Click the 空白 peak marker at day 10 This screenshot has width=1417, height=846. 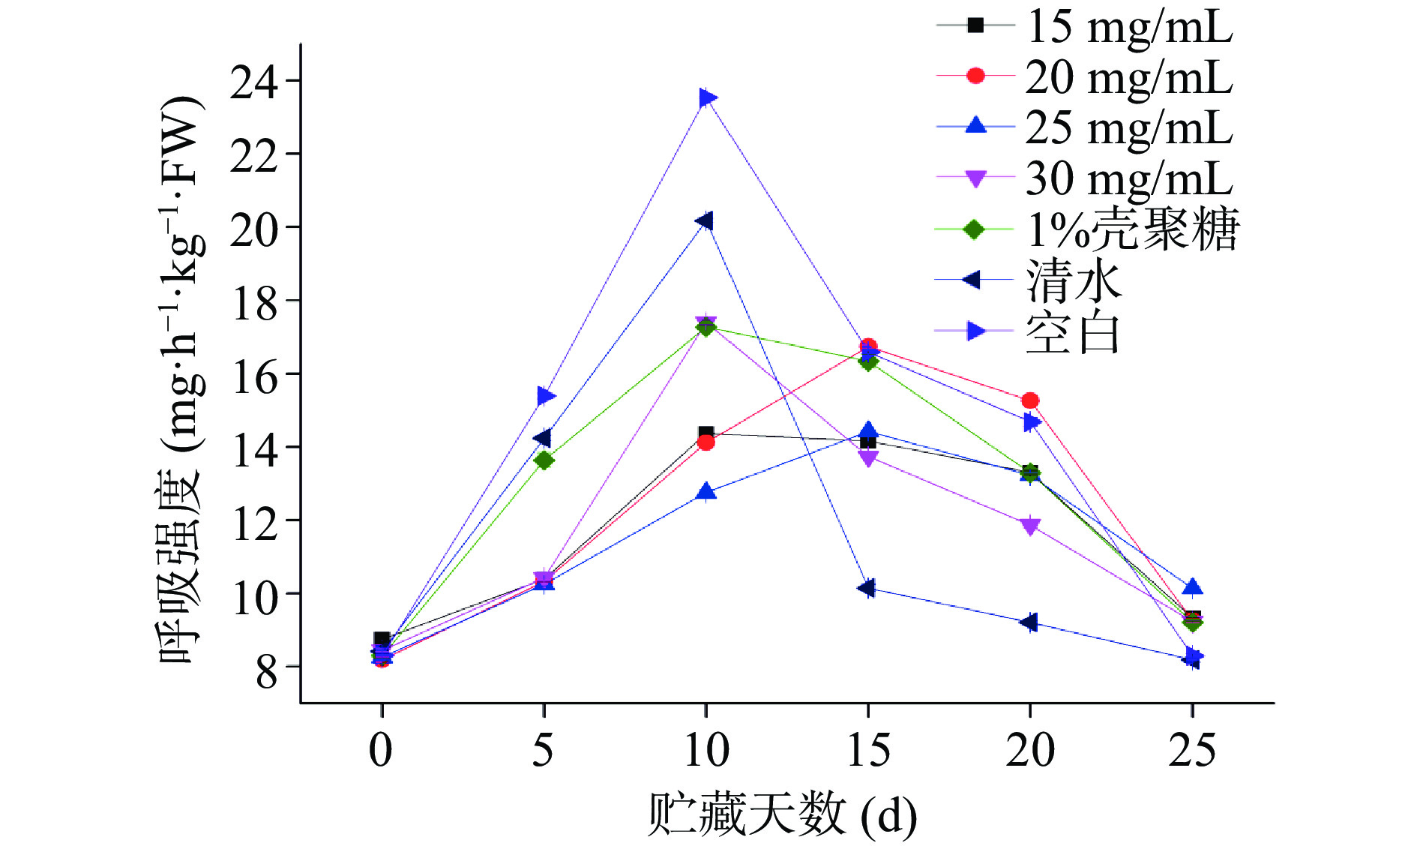(706, 98)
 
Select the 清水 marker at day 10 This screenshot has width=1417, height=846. (705, 221)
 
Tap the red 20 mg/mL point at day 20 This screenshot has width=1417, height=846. (1030, 400)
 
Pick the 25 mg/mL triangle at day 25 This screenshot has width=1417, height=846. (1192, 587)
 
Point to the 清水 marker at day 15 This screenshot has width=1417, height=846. (867, 588)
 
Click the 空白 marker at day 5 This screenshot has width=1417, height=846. (545, 396)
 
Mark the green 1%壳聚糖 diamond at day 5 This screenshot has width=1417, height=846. (544, 460)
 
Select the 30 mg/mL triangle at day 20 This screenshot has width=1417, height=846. (1030, 526)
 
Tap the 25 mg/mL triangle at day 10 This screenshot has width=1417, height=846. (706, 492)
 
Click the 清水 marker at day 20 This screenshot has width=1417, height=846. (1029, 622)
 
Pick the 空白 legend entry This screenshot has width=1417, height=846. (1072, 332)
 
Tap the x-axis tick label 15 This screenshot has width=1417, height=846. (868, 749)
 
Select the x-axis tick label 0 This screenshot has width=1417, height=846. (381, 749)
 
